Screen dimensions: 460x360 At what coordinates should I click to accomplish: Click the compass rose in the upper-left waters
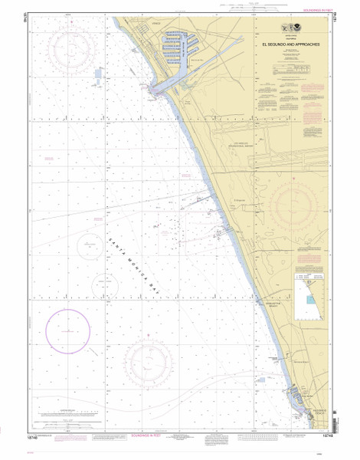coord(77,50)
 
